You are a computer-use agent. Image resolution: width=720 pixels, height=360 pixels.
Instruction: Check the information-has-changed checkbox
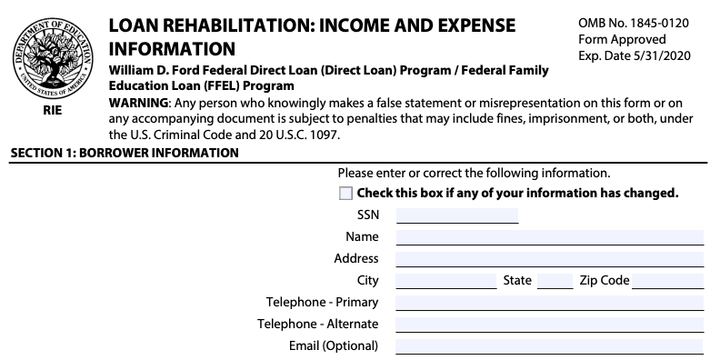tap(345, 194)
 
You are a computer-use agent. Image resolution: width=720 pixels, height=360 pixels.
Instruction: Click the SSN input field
tap(456, 215)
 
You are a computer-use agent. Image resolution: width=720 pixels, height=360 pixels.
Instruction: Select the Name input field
tap(549, 237)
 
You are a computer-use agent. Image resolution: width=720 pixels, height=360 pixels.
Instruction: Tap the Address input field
tap(549, 259)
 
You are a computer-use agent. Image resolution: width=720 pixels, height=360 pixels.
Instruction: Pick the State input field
tap(555, 281)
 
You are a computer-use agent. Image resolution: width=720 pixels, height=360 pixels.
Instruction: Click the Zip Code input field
tap(668, 281)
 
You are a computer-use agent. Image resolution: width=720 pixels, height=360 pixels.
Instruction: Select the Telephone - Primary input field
tap(549, 303)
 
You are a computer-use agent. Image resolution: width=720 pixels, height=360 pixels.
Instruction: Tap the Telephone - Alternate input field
tap(549, 325)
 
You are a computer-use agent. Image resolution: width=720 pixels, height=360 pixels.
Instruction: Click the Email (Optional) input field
tap(549, 346)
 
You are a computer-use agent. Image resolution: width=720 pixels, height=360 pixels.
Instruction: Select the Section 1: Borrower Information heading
tap(125, 153)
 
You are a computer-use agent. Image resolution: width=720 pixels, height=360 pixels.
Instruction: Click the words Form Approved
tap(622, 39)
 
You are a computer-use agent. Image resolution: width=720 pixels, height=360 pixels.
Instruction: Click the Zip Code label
tap(605, 281)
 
